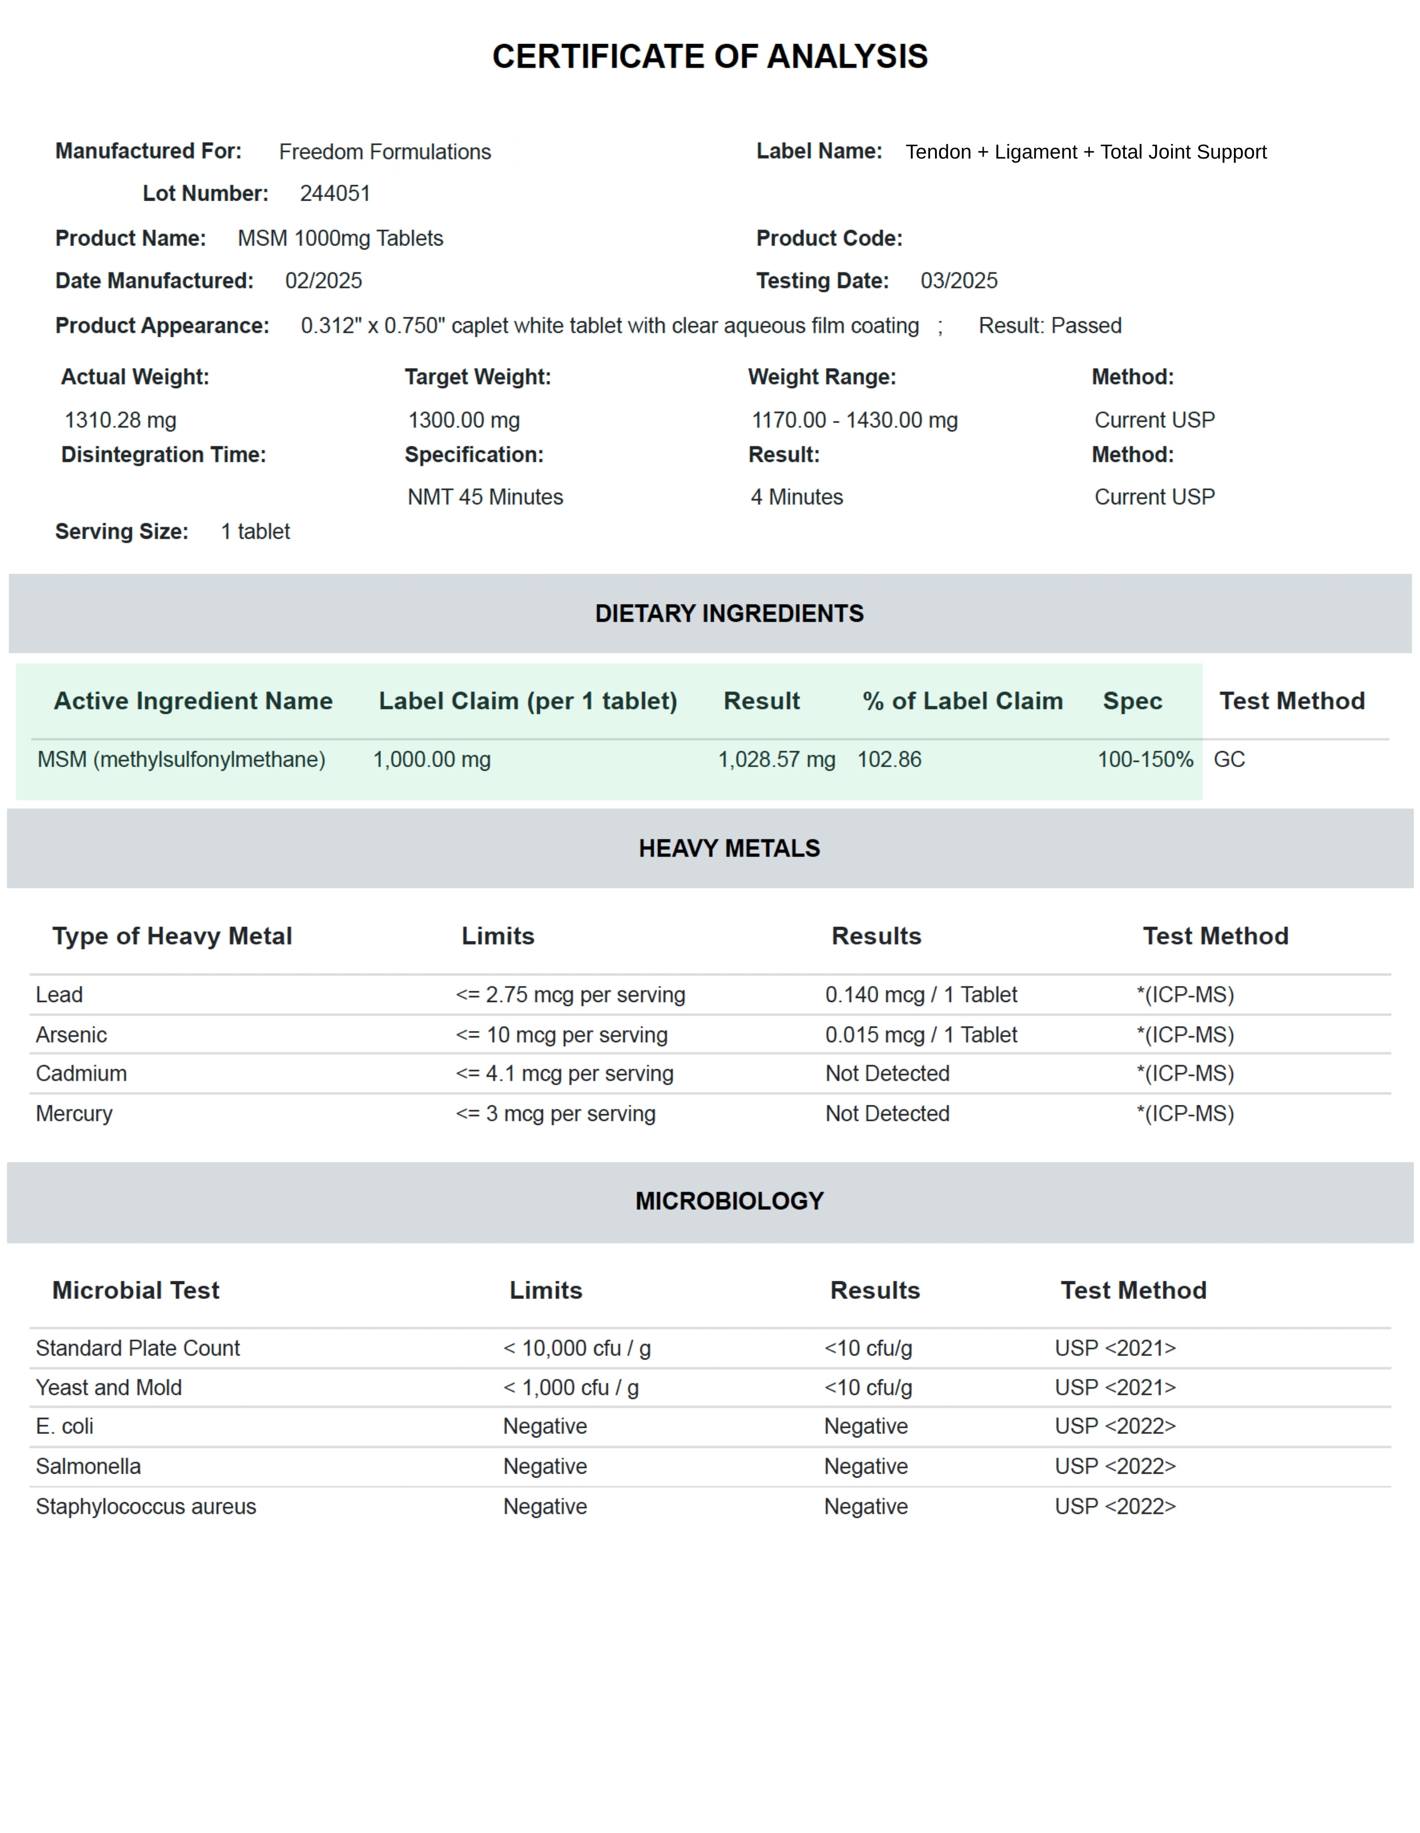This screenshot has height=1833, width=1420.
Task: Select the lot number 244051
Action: coord(335,194)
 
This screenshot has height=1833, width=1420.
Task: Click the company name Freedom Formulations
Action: coord(385,152)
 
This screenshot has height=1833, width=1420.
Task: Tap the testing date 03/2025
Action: coord(958,281)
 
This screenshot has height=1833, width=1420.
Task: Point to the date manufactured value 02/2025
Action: coord(323,281)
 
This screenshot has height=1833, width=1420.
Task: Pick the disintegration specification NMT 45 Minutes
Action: coord(485,498)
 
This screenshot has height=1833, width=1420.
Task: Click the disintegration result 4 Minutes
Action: coord(797,498)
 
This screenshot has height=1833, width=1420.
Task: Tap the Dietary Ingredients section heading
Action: coord(728,614)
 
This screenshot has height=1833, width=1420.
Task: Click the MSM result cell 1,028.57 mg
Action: coord(776,760)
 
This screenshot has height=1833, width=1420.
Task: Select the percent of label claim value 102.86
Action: coord(889,760)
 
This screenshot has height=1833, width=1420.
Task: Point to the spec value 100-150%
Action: coord(1145,760)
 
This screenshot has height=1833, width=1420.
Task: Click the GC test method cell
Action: coord(1229,760)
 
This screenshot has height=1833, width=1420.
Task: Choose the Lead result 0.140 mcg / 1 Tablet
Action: coord(921,995)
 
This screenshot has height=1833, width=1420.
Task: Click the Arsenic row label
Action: coord(72,1035)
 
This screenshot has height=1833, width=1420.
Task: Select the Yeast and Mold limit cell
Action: coord(571,1388)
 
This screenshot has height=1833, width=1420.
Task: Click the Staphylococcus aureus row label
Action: coord(146,1507)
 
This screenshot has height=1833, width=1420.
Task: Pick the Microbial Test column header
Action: coord(136,1291)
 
